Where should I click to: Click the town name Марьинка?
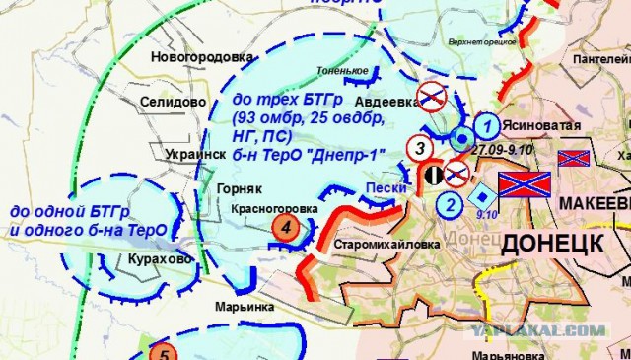tap(245, 307)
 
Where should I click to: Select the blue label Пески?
tap(380, 188)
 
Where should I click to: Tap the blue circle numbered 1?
tap(484, 126)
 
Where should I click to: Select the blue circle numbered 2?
tap(450, 205)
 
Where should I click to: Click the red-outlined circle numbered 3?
tap(420, 150)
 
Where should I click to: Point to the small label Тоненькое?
tap(342, 71)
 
